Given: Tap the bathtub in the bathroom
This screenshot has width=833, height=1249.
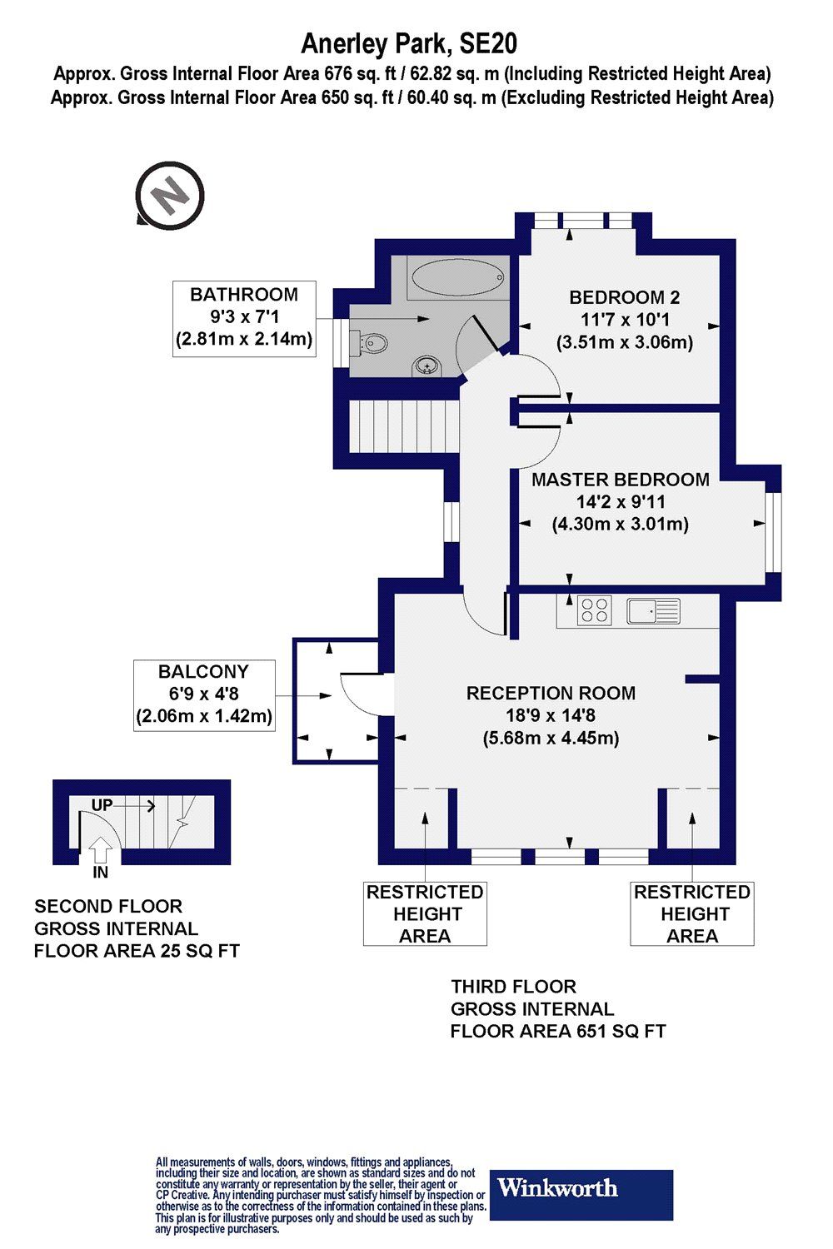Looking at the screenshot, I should pyautogui.click(x=457, y=276).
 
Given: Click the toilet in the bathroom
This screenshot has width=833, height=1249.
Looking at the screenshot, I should pyautogui.click(x=371, y=342).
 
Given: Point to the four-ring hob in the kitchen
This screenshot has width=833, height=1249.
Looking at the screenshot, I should pyautogui.click(x=595, y=610).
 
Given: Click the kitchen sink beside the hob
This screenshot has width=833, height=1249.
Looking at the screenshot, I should pyautogui.click(x=654, y=610).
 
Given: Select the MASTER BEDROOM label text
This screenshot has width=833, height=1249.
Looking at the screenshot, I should pyautogui.click(x=620, y=480).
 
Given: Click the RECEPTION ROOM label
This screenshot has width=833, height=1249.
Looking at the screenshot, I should pyautogui.click(x=551, y=693).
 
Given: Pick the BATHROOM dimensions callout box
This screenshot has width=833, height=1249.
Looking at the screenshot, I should pyautogui.click(x=244, y=319).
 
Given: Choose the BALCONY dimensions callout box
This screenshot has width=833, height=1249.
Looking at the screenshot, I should pyautogui.click(x=204, y=694).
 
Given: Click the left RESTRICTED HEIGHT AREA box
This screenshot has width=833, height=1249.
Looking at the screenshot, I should pyautogui.click(x=425, y=913).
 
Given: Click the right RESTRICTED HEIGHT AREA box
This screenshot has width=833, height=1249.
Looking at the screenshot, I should pyautogui.click(x=692, y=913).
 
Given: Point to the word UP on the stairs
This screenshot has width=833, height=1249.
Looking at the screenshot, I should pyautogui.click(x=102, y=805).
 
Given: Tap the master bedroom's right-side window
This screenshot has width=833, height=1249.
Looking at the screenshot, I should pyautogui.click(x=773, y=531).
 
